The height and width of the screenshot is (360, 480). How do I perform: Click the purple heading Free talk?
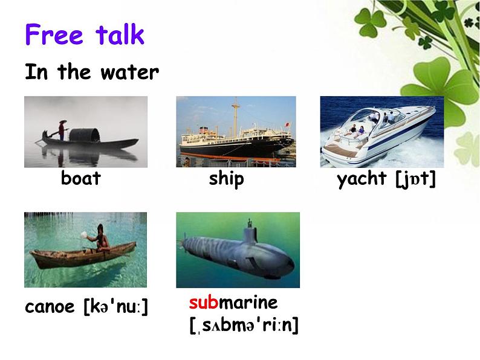[x=85, y=34]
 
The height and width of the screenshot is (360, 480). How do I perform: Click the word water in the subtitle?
[x=129, y=73]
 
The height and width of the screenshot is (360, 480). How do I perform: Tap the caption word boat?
[x=81, y=178]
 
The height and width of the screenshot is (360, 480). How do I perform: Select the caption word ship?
[x=227, y=179]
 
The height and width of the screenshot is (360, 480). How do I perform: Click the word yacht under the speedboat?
[x=362, y=179]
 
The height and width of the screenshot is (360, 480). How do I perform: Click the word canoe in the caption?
[x=50, y=307]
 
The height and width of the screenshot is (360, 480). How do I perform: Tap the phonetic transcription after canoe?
[x=115, y=306]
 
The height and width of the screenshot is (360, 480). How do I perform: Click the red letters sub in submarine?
[x=204, y=303]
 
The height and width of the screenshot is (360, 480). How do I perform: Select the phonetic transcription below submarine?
[x=244, y=325]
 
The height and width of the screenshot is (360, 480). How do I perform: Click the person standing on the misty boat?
[x=62, y=130]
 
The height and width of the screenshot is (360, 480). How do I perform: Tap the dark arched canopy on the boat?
[x=85, y=135]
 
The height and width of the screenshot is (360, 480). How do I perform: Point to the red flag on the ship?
[x=287, y=124]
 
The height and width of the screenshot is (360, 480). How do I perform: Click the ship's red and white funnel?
[x=203, y=130]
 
